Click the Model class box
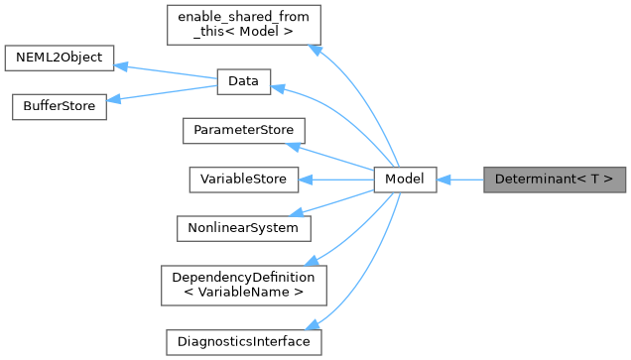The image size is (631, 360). (x=405, y=180)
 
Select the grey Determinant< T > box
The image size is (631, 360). (x=555, y=180)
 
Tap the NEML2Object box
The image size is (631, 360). (x=60, y=57)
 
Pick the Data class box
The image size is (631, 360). (x=243, y=82)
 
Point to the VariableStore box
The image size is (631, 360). (x=243, y=180)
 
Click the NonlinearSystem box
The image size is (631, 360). (x=243, y=227)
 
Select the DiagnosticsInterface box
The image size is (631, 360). (x=243, y=341)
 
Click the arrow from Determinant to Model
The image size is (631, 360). (x=459, y=180)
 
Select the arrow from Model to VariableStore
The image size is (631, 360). (x=337, y=180)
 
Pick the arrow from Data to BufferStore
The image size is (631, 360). (x=163, y=94)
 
